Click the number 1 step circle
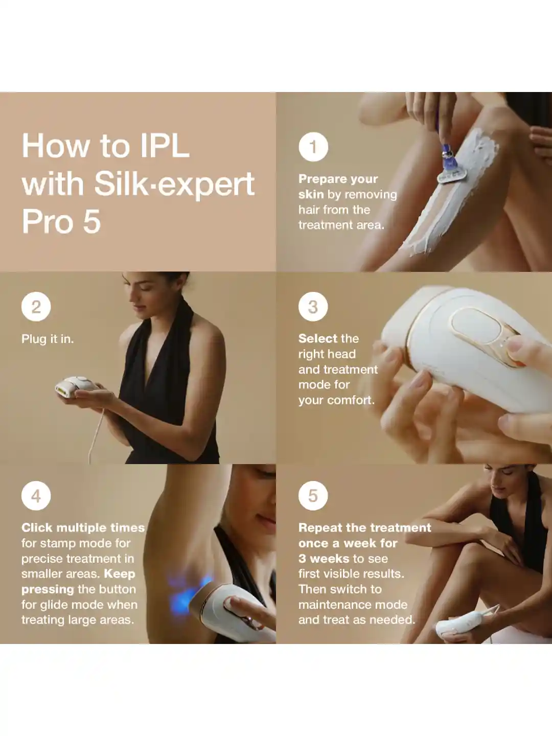[313, 147]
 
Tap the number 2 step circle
[36, 307]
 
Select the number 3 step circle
[313, 307]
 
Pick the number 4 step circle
[36, 496]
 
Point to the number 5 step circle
[313, 496]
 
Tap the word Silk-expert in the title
[174, 184]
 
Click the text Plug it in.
[48, 339]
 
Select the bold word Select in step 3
[317, 338]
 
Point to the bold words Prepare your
[338, 179]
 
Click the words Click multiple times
[83, 527]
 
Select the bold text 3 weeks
[324, 559]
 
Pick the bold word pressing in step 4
[48, 589]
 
